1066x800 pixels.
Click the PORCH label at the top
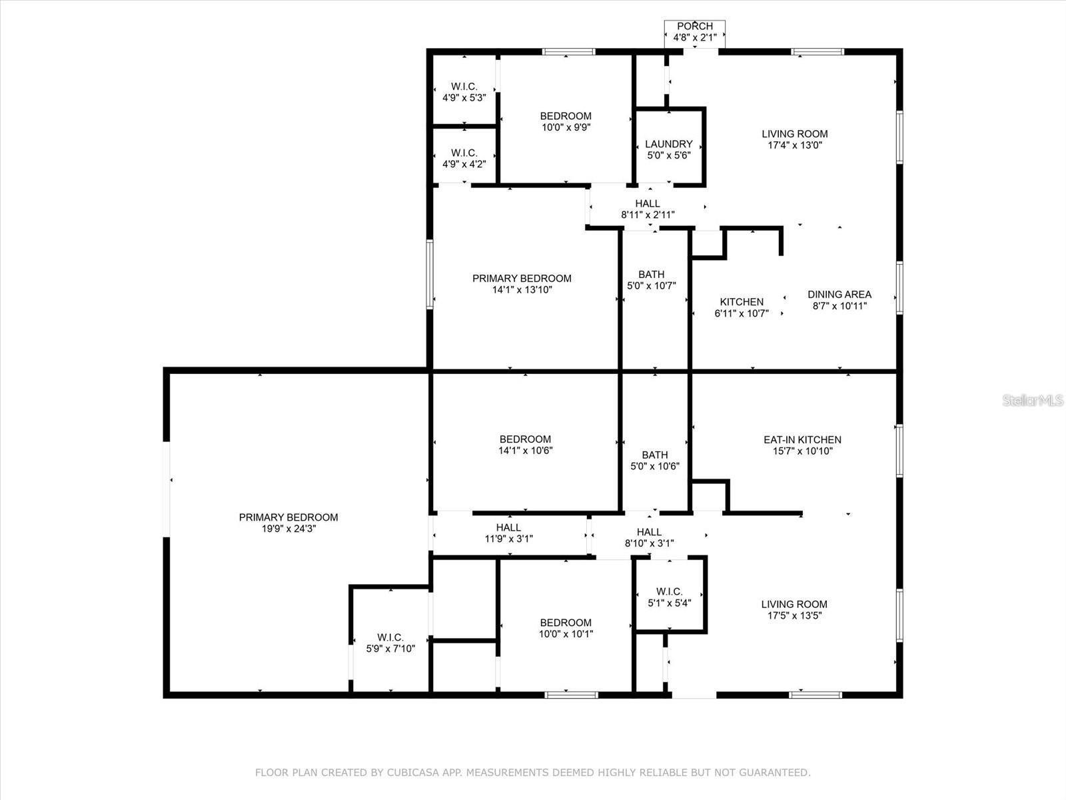(x=694, y=27)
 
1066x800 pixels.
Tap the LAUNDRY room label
(x=668, y=144)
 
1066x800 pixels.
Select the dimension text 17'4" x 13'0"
(x=794, y=145)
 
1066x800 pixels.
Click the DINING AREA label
(x=839, y=295)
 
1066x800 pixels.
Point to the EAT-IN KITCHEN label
(x=802, y=440)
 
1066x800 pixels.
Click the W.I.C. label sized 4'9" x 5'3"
(x=464, y=87)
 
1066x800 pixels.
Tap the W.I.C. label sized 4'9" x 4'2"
(x=464, y=153)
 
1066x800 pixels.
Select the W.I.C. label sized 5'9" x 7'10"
(x=390, y=637)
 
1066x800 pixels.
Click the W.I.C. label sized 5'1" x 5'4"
(x=669, y=592)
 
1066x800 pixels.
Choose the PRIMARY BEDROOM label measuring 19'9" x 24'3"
(x=288, y=517)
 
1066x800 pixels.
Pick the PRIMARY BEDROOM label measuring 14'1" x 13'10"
(x=522, y=279)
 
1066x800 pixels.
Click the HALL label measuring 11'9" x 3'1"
(x=508, y=528)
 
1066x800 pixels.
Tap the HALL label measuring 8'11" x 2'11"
(x=648, y=204)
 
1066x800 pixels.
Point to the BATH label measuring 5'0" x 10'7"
(x=651, y=275)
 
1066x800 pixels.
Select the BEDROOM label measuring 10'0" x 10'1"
(x=566, y=623)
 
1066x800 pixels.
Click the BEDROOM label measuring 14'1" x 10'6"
(x=525, y=439)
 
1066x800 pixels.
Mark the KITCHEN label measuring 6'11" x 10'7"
(x=742, y=302)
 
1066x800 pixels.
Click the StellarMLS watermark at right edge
(x=1033, y=401)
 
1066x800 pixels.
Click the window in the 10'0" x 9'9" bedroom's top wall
(x=568, y=52)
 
